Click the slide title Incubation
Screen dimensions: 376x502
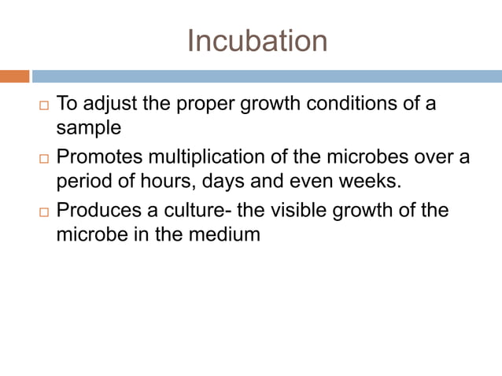click(x=257, y=41)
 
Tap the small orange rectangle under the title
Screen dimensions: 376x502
click(x=14, y=76)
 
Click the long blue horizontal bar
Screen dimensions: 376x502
click(x=267, y=76)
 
